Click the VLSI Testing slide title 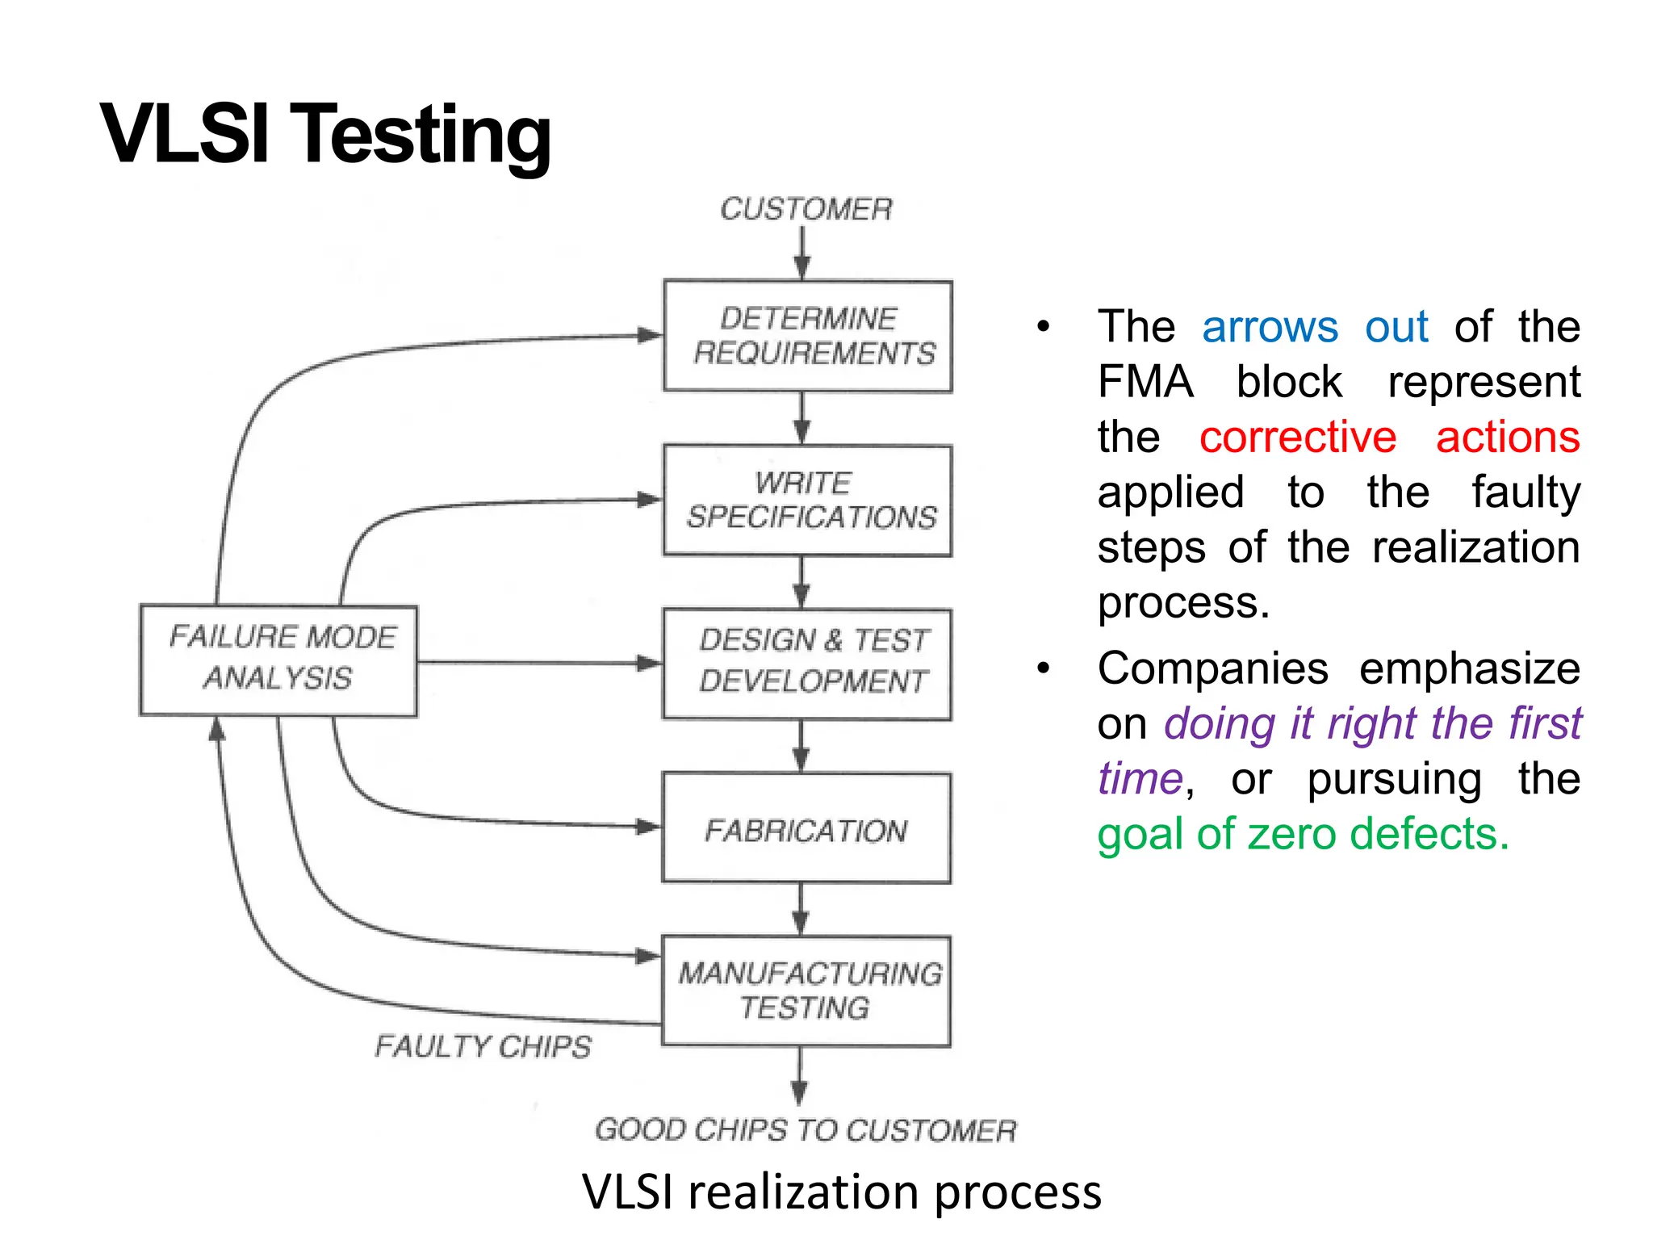[x=325, y=135]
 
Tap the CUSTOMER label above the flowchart [x=806, y=209]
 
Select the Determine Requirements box [x=808, y=336]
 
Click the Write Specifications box [x=808, y=501]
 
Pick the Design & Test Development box [x=808, y=664]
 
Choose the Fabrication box [x=806, y=829]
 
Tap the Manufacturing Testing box [x=806, y=991]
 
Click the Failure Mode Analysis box [x=279, y=660]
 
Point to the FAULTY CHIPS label [x=483, y=1047]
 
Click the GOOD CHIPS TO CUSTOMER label [x=806, y=1130]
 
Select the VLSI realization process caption [x=841, y=1192]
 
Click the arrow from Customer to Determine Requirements [x=802, y=253]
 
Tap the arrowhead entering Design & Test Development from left [x=648, y=664]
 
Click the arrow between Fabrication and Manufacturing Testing [x=801, y=910]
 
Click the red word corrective [x=1297, y=438]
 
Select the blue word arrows [x=1270, y=327]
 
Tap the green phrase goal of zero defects [x=1303, y=834]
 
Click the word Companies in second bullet [x=1212, y=668]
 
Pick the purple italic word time [x=1140, y=779]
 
